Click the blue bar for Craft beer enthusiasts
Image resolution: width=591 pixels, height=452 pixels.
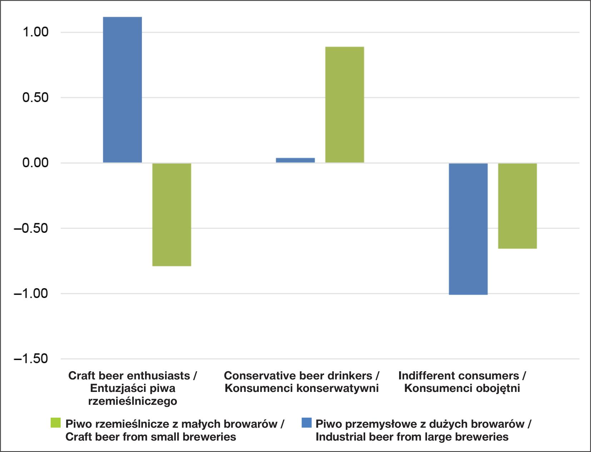[122, 89]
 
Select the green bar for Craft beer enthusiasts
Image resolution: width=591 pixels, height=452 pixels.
[172, 215]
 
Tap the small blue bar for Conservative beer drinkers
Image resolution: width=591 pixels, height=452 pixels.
[295, 160]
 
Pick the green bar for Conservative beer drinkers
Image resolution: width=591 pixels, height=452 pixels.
[344, 104]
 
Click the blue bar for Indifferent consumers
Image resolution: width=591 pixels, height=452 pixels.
[468, 229]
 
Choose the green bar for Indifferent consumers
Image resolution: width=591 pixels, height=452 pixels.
[517, 206]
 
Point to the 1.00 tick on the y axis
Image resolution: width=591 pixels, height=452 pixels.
[35, 32]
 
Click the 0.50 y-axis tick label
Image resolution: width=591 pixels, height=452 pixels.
[35, 98]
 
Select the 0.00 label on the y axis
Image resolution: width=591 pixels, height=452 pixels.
[35, 163]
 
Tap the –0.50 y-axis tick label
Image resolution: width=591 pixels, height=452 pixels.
[31, 228]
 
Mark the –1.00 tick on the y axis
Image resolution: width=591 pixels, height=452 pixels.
[31, 294]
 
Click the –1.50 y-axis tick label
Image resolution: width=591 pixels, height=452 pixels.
[31, 359]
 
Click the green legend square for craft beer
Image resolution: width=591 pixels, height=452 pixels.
[56, 423]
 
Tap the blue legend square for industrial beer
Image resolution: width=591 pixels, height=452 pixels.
[306, 423]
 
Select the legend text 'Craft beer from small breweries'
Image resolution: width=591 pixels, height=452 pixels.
[150, 437]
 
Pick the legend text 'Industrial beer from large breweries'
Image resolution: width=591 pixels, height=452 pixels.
[412, 437]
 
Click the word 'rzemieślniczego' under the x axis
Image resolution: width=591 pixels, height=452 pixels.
[133, 401]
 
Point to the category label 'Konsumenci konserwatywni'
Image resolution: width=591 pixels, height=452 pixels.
[302, 388]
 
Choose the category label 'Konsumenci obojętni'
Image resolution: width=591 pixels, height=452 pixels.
[462, 388]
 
